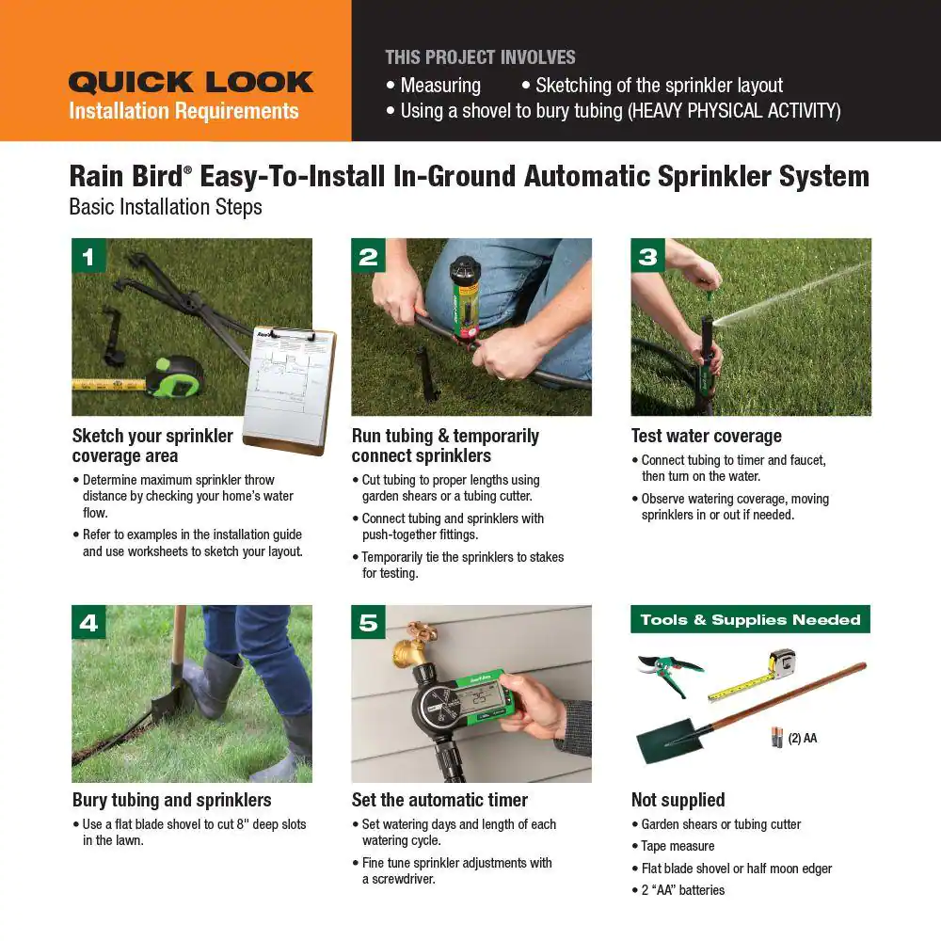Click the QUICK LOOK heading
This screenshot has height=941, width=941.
190,83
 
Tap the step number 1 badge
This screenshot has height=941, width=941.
88,256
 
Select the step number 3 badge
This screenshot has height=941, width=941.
647,256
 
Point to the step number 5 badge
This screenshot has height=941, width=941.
368,622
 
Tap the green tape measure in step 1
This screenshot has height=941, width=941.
174,376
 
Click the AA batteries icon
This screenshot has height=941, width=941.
777,738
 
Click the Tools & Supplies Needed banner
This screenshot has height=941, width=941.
750,619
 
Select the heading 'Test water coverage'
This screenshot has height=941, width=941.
706,436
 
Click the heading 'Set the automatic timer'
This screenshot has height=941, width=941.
439,800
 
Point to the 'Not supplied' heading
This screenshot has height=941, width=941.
678,800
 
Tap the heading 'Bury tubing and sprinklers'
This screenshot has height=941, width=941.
171,800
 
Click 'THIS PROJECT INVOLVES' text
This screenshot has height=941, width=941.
480,56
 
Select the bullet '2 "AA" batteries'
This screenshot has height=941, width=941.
682,890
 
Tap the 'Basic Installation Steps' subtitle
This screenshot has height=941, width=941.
166,206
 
